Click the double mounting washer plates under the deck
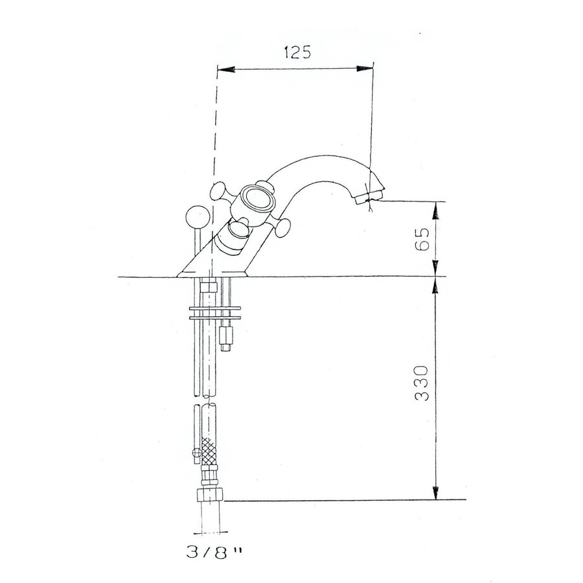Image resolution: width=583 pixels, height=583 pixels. coord(213,312)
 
